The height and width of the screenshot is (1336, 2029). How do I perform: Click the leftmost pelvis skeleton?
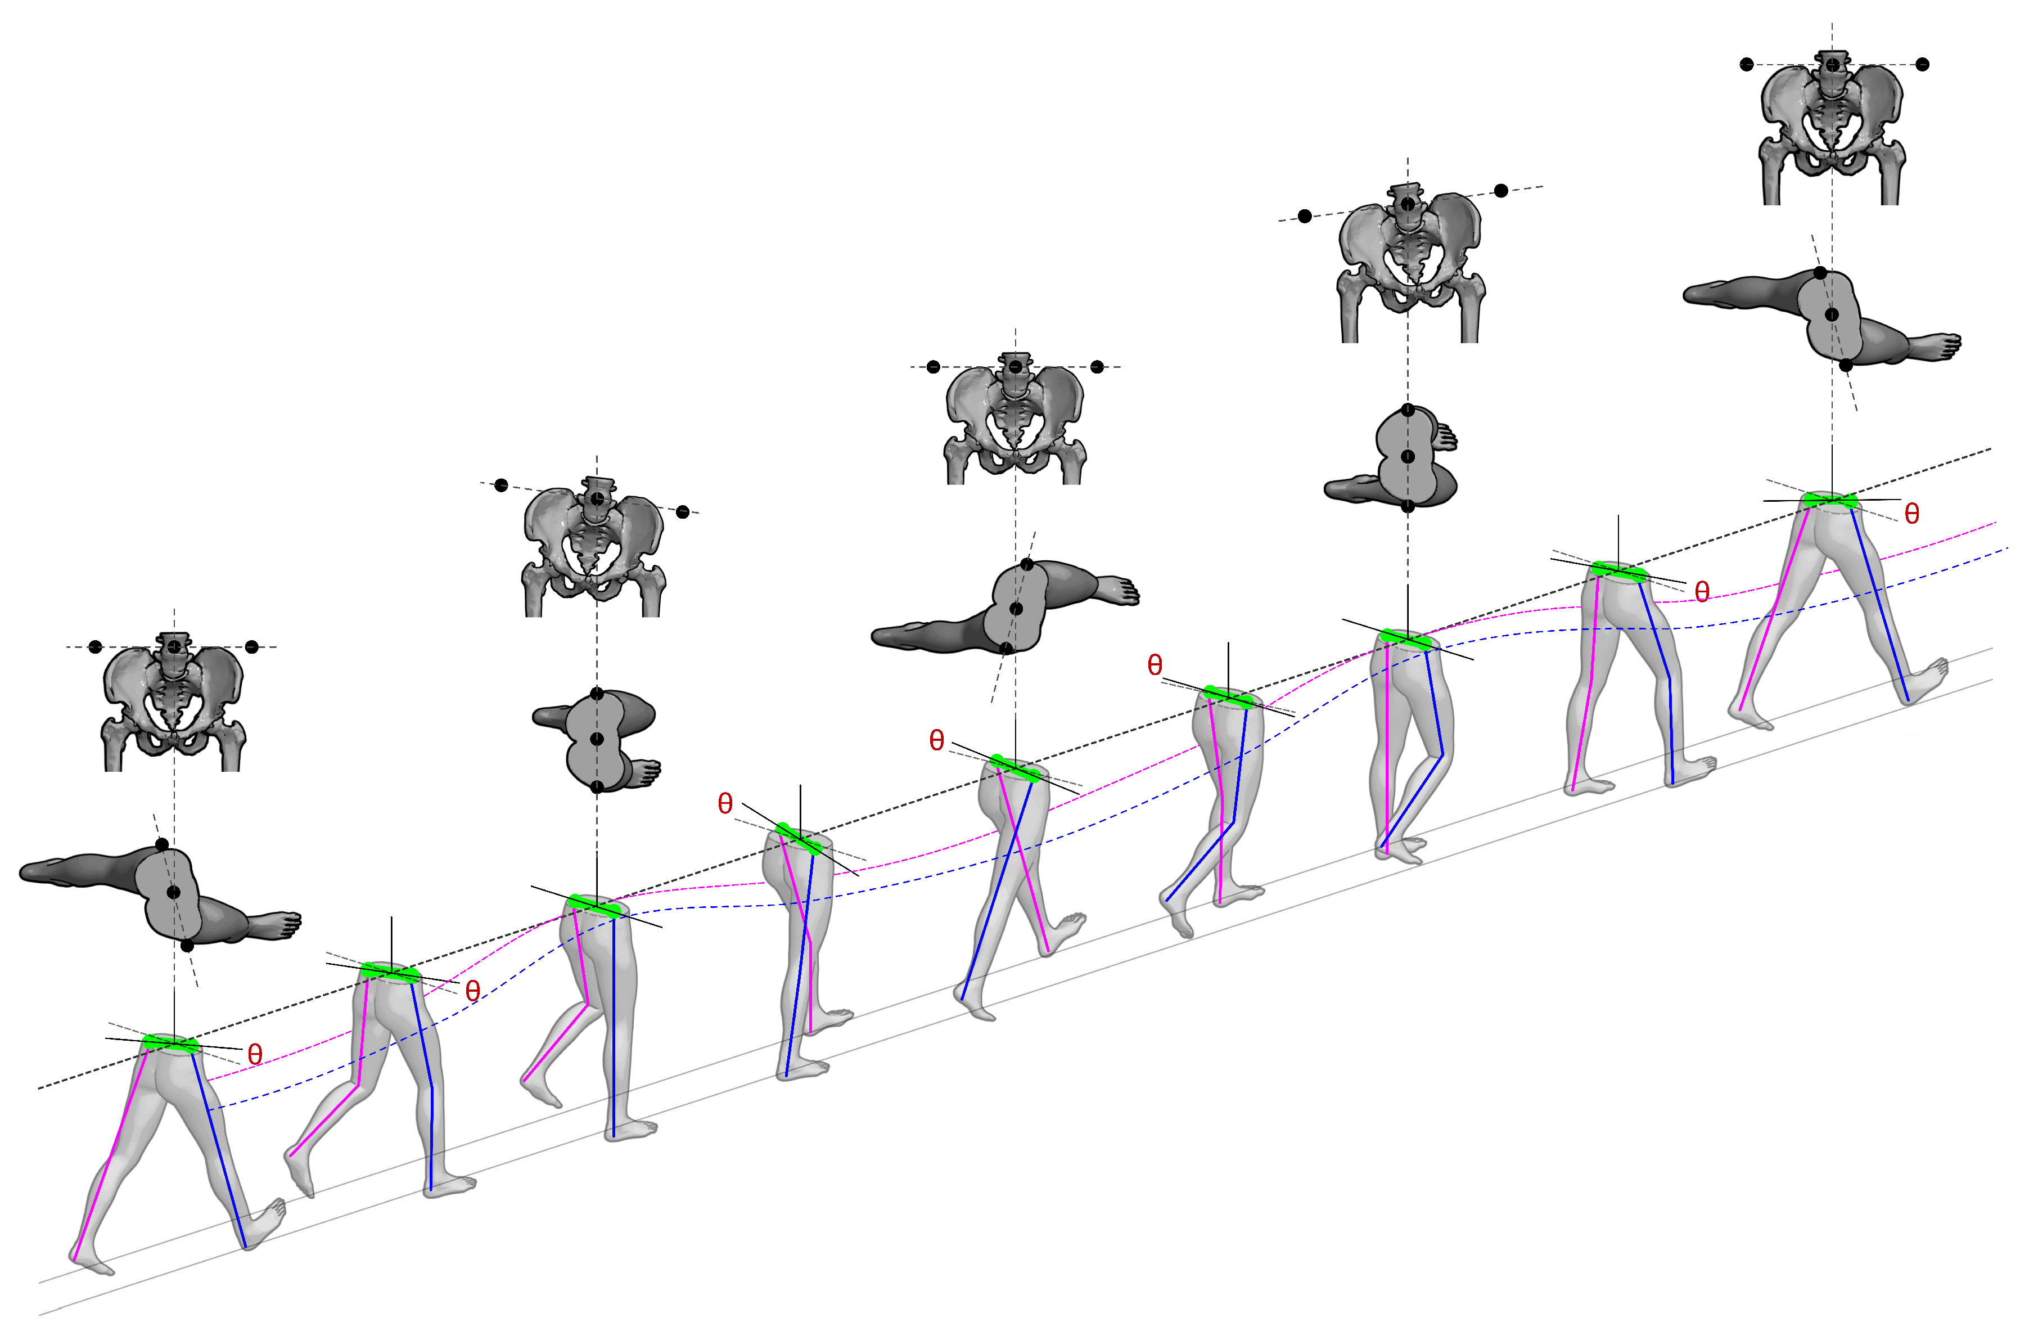pos(174,703)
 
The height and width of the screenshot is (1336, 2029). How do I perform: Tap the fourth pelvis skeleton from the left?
pos(1410,264)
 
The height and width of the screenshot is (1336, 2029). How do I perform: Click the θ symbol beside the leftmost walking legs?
pos(254,1055)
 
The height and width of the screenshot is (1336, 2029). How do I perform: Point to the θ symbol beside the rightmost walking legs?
pos(1912,513)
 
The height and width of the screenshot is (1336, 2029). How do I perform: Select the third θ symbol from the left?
pos(725,803)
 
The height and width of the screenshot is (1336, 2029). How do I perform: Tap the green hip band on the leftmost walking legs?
pos(170,1043)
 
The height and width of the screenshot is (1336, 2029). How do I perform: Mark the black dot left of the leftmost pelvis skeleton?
pos(96,647)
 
